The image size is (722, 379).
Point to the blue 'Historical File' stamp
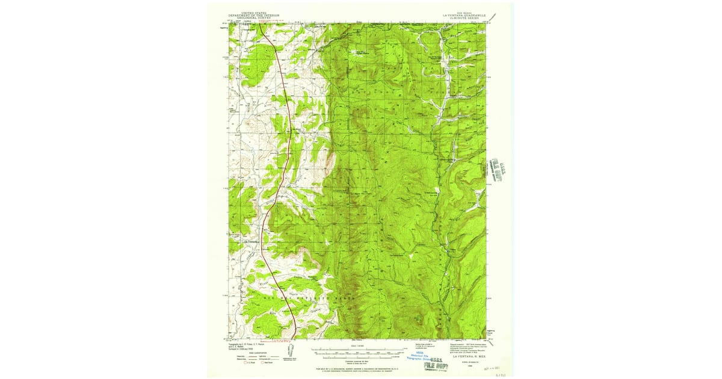pyautogui.click(x=419, y=358)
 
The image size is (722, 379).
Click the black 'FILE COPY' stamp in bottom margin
pyautogui.click(x=435, y=365)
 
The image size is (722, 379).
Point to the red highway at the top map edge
pyautogui.click(x=260, y=24)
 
